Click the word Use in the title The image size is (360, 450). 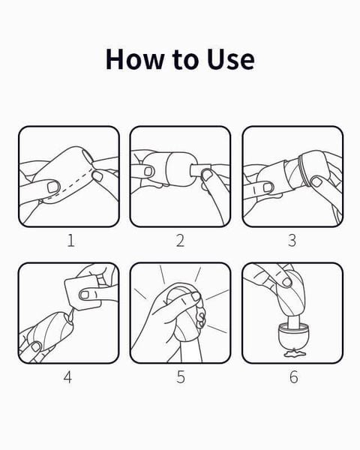pyautogui.click(x=231, y=59)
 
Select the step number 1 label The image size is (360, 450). pyautogui.click(x=71, y=241)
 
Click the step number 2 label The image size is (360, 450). pyautogui.click(x=180, y=241)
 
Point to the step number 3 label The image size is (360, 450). pyautogui.click(x=292, y=241)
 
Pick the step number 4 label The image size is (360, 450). pyautogui.click(x=67, y=376)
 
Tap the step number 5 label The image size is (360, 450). pyautogui.click(x=181, y=376)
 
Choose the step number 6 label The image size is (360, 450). pyautogui.click(x=294, y=376)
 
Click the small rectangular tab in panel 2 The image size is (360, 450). pyautogui.click(x=200, y=170)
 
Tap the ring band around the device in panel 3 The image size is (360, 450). pyautogui.click(x=304, y=170)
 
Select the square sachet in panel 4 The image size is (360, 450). pyautogui.click(x=82, y=293)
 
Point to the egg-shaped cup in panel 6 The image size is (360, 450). pyautogui.click(x=293, y=336)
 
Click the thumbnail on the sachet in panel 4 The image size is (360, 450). pyautogui.click(x=85, y=295)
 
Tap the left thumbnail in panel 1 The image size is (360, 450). pyautogui.click(x=53, y=187)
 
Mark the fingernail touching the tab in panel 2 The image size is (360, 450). pyautogui.click(x=206, y=175)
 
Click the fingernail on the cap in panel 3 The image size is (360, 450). pyautogui.click(x=317, y=181)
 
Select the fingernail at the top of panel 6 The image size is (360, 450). pyautogui.click(x=286, y=282)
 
